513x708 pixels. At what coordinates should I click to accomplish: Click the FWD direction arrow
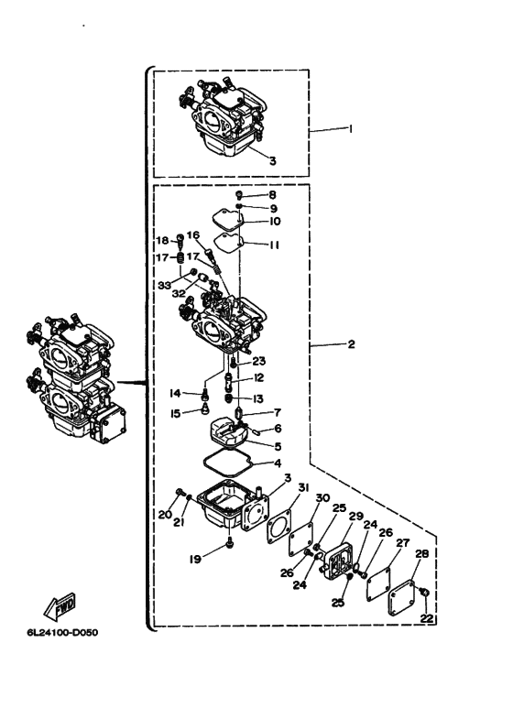click(x=60, y=605)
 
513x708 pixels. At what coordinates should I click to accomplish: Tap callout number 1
click(x=350, y=129)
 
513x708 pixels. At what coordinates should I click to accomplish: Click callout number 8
click(x=272, y=195)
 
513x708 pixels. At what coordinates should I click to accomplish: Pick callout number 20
click(x=164, y=515)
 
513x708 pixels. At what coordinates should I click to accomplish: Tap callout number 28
click(x=421, y=554)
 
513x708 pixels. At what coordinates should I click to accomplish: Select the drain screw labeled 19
click(x=229, y=544)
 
